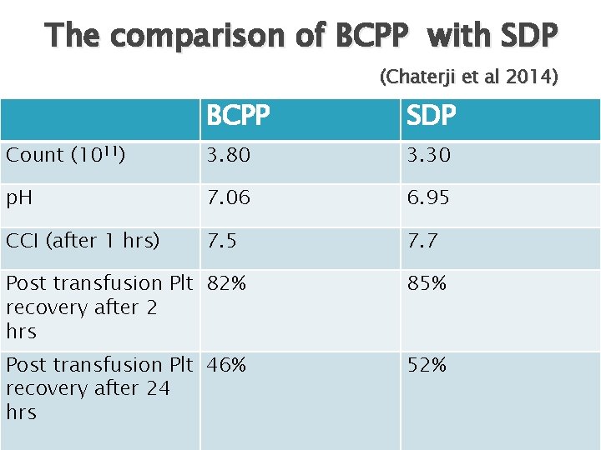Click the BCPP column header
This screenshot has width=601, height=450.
pos(238,117)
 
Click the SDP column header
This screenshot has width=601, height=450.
pos(431,117)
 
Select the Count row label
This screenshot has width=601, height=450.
pos(66,155)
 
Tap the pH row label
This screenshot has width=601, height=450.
pos(21,198)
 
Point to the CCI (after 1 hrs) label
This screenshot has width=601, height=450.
pos(83,241)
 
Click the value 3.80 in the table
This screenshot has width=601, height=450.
pos(229,155)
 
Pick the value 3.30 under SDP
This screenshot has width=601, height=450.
pos(428,155)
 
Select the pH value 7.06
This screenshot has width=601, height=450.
pos(229,198)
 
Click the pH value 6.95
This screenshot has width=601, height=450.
pos(428,198)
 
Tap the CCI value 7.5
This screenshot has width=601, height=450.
pos(222,241)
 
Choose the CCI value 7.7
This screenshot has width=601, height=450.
pos(422,241)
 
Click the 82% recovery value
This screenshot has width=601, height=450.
pos(227,283)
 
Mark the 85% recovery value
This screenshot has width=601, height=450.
pos(427,283)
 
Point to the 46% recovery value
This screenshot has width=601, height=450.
pos(227,364)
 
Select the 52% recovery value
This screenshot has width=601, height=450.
pos(427,364)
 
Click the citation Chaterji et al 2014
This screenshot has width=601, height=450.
pos(468,77)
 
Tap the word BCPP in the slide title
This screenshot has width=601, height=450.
pos(371,36)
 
